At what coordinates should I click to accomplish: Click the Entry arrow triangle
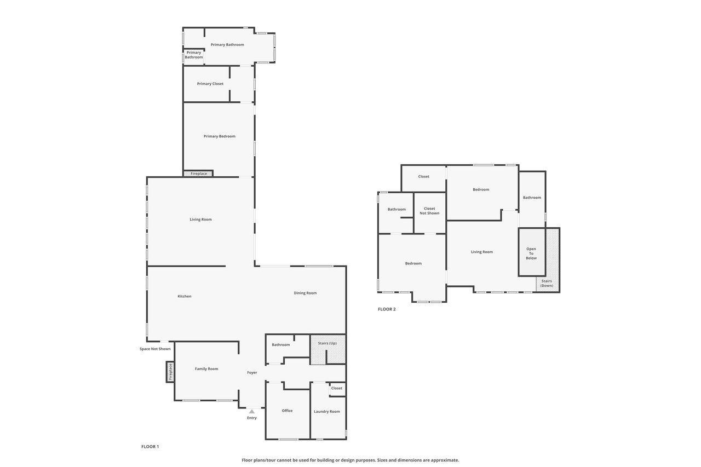click(252, 412)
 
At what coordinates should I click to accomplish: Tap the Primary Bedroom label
click(220, 136)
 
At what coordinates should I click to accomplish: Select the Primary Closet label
click(210, 84)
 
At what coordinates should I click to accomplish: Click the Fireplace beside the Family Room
click(170, 372)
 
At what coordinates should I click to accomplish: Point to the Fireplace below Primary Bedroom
click(198, 174)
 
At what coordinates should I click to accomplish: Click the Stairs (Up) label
click(327, 343)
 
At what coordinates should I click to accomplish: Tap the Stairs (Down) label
click(547, 284)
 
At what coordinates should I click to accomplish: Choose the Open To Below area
click(532, 252)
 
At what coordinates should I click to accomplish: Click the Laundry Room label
click(327, 412)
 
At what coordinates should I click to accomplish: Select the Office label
click(287, 411)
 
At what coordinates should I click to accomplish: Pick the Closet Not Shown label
click(429, 211)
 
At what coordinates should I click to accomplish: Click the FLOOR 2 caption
click(387, 309)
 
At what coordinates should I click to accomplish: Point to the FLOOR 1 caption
click(150, 447)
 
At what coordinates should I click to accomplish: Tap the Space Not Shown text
click(155, 349)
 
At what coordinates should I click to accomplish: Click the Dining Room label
click(305, 293)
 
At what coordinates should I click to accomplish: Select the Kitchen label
click(185, 296)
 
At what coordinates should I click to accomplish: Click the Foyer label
click(252, 372)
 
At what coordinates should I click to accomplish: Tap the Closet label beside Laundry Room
click(337, 388)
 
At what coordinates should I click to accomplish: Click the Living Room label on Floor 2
click(482, 252)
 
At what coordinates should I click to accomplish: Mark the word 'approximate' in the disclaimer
click(445, 460)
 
